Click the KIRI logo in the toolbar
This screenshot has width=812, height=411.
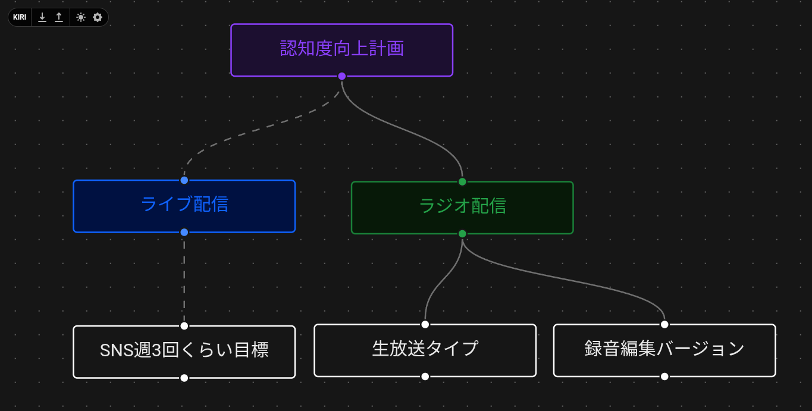tap(20, 17)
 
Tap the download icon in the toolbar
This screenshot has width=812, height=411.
tap(42, 17)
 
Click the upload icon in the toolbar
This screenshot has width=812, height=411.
tap(59, 17)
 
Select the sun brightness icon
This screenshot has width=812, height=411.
tap(81, 17)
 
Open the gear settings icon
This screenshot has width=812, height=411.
tap(98, 17)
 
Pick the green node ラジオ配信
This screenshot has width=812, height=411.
tap(462, 207)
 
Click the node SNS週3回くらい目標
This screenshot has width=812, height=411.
tap(184, 351)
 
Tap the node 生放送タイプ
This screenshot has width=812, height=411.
tap(425, 350)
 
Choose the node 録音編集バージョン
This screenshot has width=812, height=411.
tap(664, 350)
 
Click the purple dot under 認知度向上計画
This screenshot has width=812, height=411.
tap(341, 76)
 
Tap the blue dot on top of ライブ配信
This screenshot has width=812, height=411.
tap(184, 180)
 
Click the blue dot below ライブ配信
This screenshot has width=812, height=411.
tap(184, 232)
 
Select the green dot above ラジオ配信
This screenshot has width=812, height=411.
tap(462, 181)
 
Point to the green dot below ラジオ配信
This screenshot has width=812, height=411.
tap(462, 234)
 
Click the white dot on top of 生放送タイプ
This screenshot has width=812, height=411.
tap(425, 324)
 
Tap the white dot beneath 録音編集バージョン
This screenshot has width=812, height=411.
tap(664, 377)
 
